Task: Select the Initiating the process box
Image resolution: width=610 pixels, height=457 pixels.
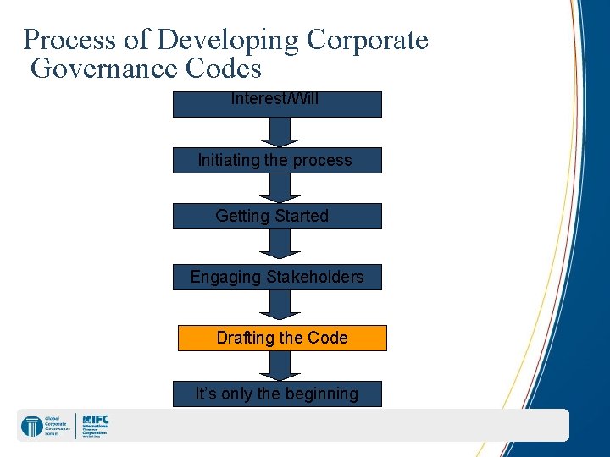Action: (x=277, y=160)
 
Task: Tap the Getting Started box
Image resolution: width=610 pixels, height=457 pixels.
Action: (x=277, y=216)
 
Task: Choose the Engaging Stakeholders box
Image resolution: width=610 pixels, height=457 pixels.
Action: (x=277, y=277)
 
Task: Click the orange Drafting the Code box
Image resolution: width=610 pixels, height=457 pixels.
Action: (x=281, y=338)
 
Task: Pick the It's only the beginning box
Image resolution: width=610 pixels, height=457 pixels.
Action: (x=277, y=394)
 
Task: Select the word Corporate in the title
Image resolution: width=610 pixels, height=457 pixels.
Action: (x=367, y=40)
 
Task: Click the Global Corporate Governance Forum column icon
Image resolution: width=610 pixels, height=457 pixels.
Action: (x=31, y=426)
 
